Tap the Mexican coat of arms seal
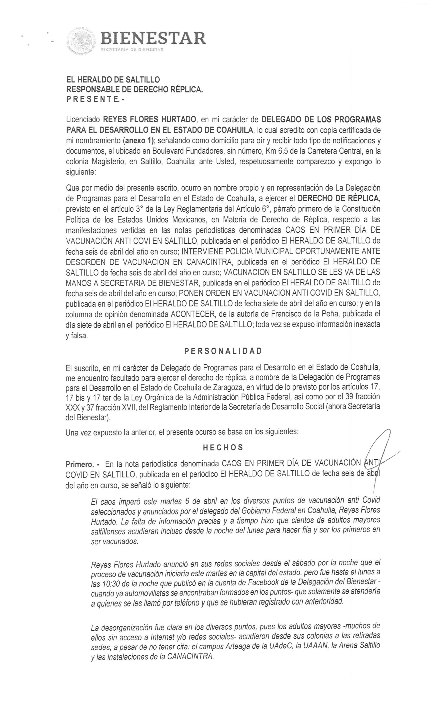tap(81, 41)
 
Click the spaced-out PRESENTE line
tap(95, 99)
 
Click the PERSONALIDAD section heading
tap(223, 351)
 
